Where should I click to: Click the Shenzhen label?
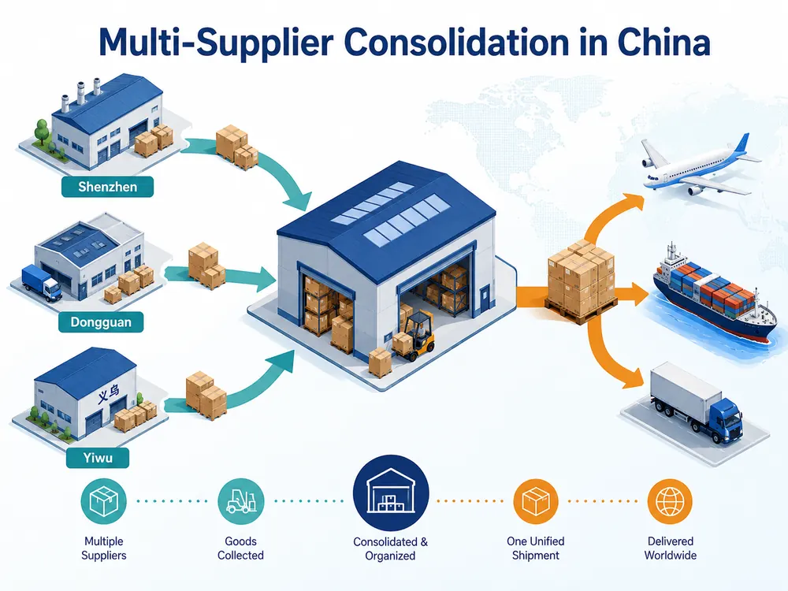pyautogui.click(x=107, y=187)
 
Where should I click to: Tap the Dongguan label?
pyautogui.click(x=101, y=322)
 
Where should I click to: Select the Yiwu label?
pyautogui.click(x=98, y=458)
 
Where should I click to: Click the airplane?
pyautogui.click(x=698, y=165)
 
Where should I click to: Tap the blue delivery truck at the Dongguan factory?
pyautogui.click(x=42, y=283)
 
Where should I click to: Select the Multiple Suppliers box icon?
pyautogui.click(x=103, y=501)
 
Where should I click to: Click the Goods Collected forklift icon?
pyautogui.click(x=240, y=501)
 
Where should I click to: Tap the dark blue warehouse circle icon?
pyautogui.click(x=391, y=493)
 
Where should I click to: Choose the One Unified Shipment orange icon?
pyautogui.click(x=536, y=501)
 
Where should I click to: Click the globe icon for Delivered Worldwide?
pyautogui.click(x=670, y=501)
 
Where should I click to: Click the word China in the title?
pyautogui.click(x=663, y=43)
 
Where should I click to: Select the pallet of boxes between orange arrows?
pyautogui.click(x=581, y=282)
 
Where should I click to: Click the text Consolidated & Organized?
pyautogui.click(x=391, y=548)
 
